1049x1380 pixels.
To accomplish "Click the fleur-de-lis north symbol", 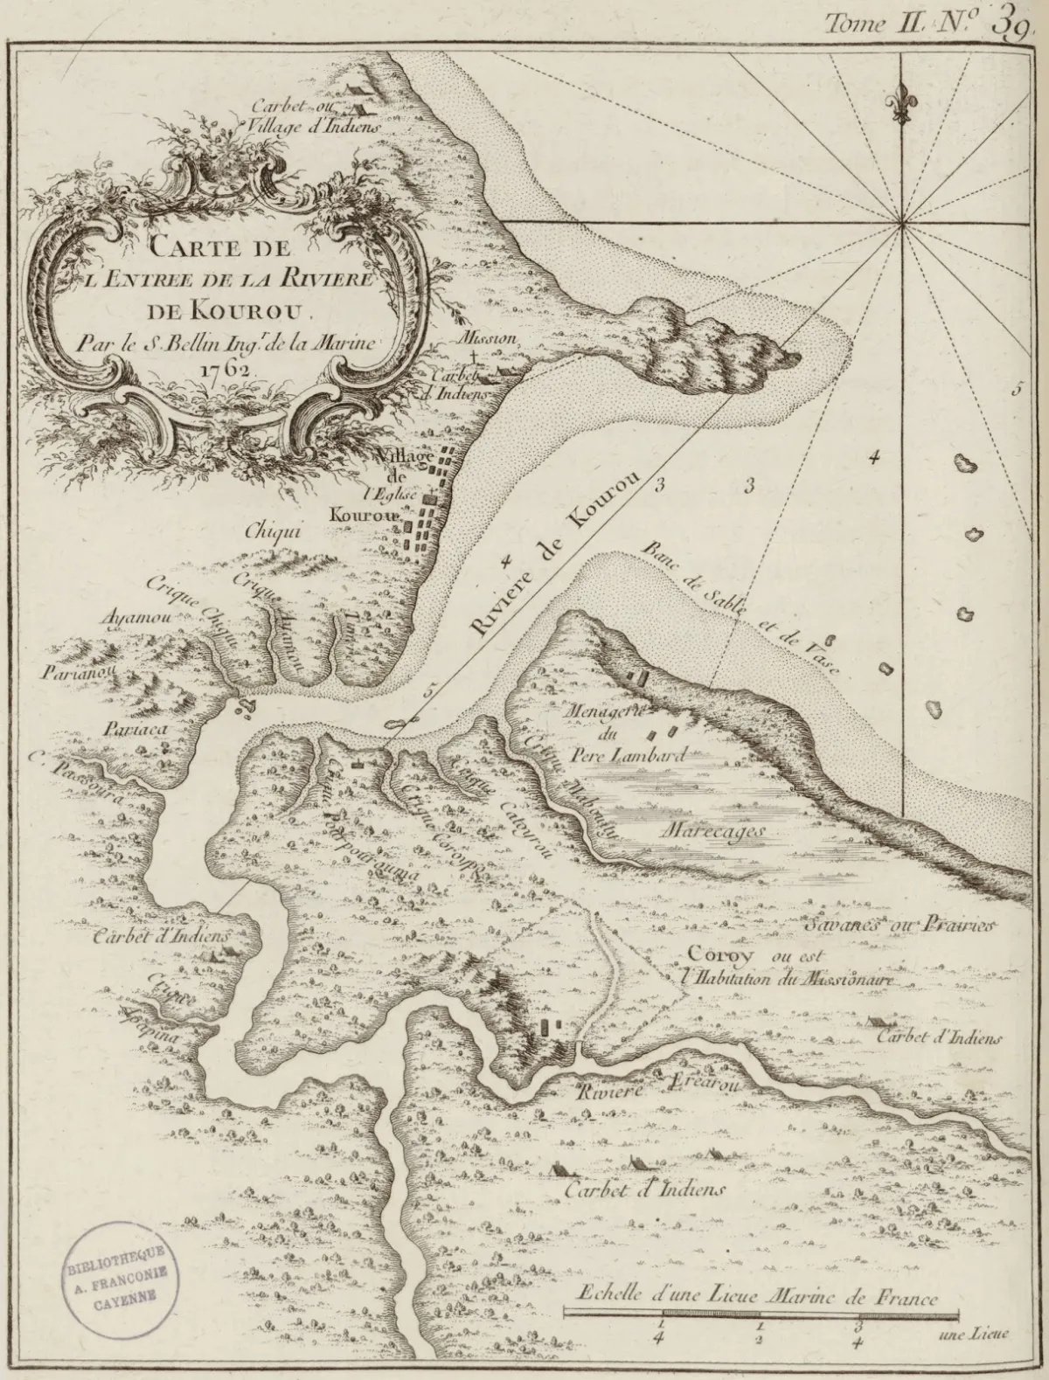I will click(901, 104).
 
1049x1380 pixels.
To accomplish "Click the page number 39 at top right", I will click(1011, 24).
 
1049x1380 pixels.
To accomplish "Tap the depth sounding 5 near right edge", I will click(1017, 390).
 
